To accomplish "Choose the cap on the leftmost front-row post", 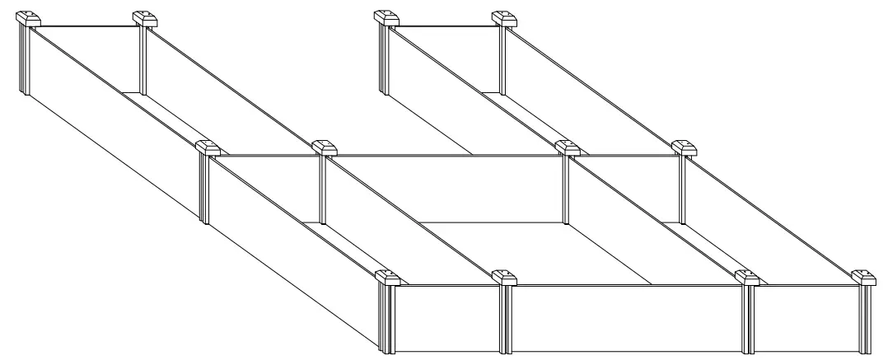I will (x=389, y=278).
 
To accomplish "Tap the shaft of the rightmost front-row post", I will (x=865, y=321).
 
